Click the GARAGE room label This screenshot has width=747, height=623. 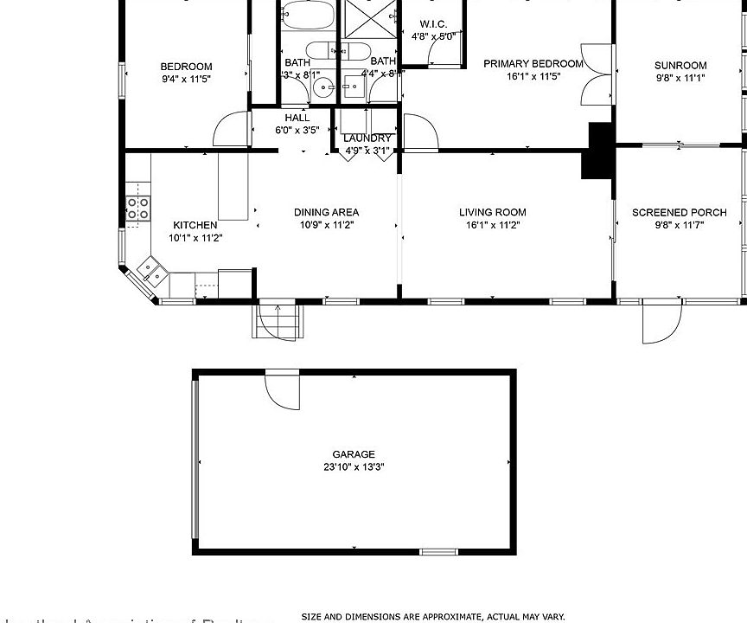point(354,454)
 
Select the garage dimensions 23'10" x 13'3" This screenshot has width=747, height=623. point(354,467)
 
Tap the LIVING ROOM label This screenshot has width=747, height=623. point(492,212)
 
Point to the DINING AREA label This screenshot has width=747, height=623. point(326,212)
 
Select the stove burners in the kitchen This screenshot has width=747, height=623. point(138,206)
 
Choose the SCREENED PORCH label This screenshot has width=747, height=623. point(679,212)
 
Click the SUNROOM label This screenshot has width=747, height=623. point(680,65)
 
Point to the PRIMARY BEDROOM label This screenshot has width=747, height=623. point(533,64)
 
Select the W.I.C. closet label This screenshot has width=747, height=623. point(432,24)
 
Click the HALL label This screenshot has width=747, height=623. point(297,118)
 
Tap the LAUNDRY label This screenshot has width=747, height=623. point(367,138)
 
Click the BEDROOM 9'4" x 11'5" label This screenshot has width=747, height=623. point(186,67)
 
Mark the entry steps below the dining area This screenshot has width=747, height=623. point(278,321)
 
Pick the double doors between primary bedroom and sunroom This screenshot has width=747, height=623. point(597,73)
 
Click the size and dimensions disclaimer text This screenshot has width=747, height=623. point(432,617)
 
